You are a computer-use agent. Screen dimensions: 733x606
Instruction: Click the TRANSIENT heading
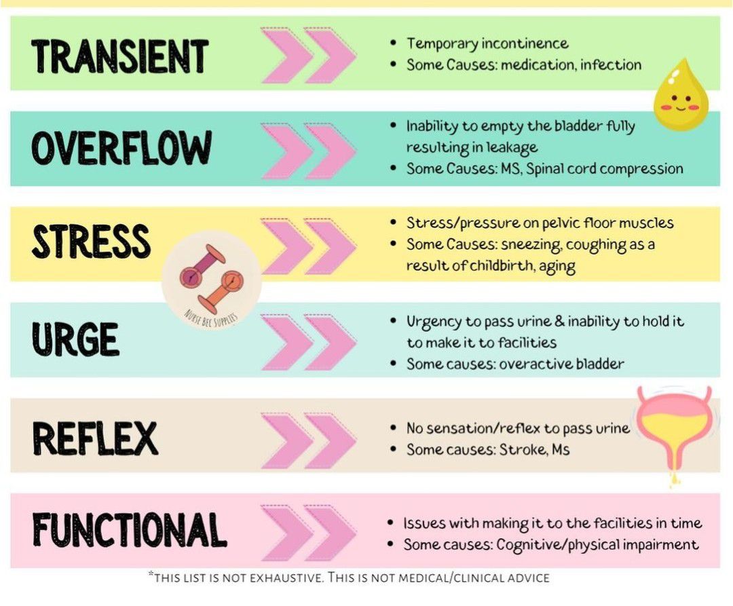point(119,56)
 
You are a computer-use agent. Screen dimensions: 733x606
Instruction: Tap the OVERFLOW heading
point(121,148)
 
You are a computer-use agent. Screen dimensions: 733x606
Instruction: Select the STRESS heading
point(91,241)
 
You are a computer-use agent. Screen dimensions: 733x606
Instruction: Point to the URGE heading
point(75,339)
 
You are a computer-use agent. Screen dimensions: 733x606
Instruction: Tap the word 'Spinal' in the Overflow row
point(544,169)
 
